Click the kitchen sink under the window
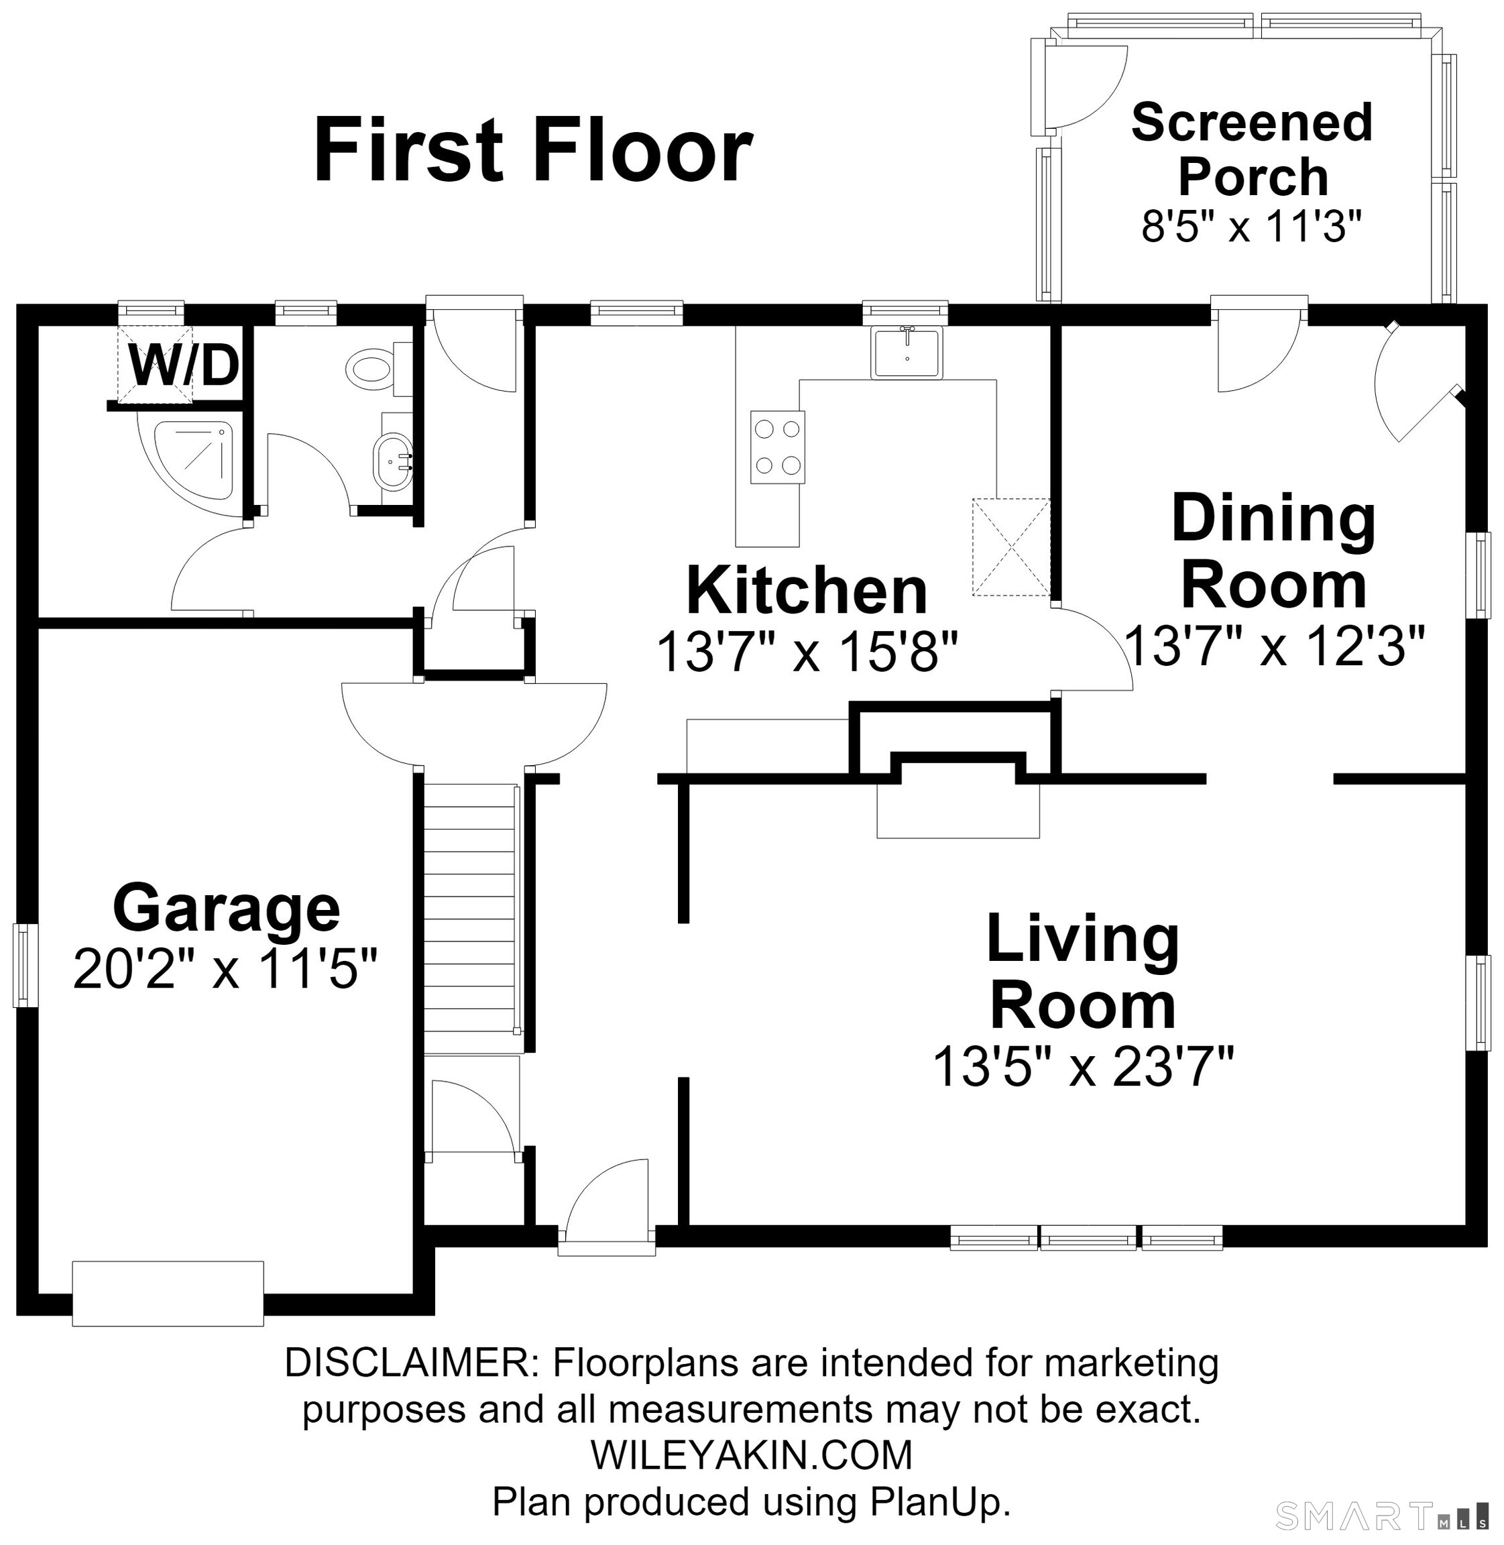907,353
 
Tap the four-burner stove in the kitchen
777,447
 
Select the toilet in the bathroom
378,369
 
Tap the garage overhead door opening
168,1293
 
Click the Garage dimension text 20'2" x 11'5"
225,969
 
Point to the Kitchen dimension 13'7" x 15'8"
807,652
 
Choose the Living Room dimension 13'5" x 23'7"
1083,1066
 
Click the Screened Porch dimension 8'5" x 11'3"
1252,226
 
